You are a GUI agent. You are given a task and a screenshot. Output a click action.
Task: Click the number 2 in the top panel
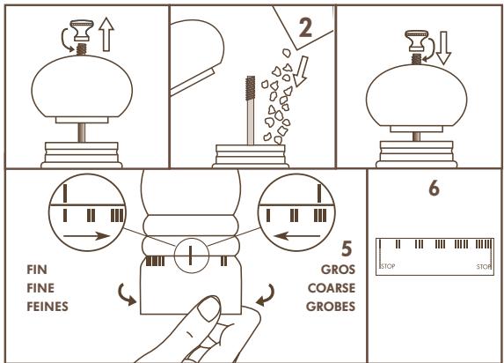(x=305, y=27)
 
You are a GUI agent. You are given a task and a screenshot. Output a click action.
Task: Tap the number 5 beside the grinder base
(x=347, y=248)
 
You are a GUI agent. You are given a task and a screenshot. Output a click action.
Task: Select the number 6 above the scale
(x=434, y=189)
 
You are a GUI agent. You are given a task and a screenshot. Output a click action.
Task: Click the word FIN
(x=37, y=270)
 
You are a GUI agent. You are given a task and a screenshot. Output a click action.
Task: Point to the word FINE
(x=40, y=288)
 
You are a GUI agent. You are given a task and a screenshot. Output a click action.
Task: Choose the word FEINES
(x=47, y=307)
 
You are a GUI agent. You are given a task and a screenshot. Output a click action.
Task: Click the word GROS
(x=338, y=270)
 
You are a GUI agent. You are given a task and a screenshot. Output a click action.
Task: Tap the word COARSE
(x=332, y=288)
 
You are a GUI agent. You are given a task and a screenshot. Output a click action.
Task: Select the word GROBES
(x=331, y=307)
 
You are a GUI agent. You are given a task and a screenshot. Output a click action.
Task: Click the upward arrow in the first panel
(x=106, y=34)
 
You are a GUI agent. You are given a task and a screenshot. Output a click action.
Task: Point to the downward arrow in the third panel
(x=443, y=48)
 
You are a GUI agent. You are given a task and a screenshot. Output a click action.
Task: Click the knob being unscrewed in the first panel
(x=82, y=31)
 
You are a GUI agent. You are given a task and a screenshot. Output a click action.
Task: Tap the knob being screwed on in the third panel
(x=417, y=41)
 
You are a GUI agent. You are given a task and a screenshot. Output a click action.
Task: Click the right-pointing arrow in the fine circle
(x=87, y=236)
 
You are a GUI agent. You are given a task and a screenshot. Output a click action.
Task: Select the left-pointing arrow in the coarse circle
(x=296, y=236)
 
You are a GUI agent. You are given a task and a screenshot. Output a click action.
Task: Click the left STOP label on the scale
(x=388, y=266)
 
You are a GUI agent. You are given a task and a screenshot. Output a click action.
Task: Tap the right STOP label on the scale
(x=484, y=267)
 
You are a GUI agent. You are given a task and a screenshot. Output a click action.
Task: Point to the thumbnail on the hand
(x=208, y=308)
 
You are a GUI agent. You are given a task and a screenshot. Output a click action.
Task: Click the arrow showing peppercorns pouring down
(x=301, y=71)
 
